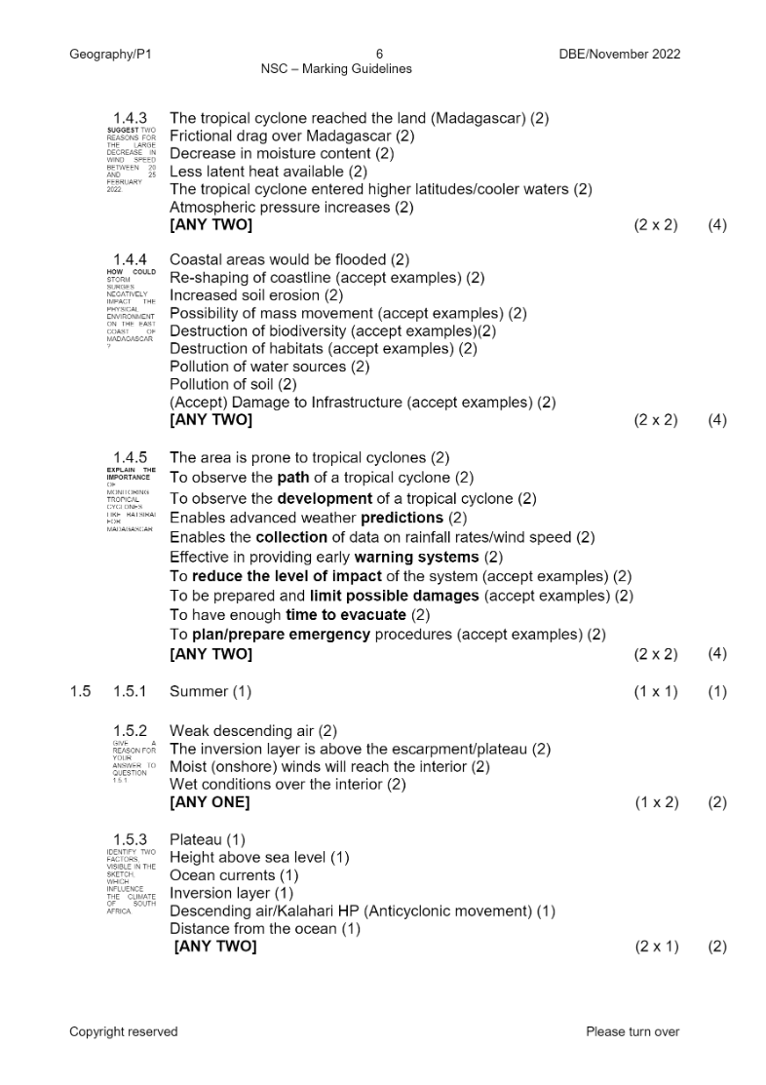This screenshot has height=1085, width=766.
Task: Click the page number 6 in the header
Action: pyautogui.click(x=380, y=55)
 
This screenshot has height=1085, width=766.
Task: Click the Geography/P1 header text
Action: pyautogui.click(x=111, y=55)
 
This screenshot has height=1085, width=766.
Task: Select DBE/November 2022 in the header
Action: pyautogui.click(x=620, y=55)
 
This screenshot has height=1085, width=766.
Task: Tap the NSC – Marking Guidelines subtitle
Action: pyautogui.click(x=336, y=69)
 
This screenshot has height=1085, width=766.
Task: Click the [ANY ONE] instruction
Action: pyautogui.click(x=210, y=802)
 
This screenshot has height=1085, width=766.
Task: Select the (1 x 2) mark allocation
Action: pyautogui.click(x=656, y=802)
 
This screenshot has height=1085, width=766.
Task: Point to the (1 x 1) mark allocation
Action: pyautogui.click(x=656, y=692)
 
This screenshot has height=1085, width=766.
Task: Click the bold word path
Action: pyautogui.click(x=293, y=478)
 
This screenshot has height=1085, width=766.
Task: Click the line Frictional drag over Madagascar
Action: pyautogui.click(x=292, y=136)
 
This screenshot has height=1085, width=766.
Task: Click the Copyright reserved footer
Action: pyautogui.click(x=124, y=1031)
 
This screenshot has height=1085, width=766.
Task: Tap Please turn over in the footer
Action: pyautogui.click(x=632, y=1031)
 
